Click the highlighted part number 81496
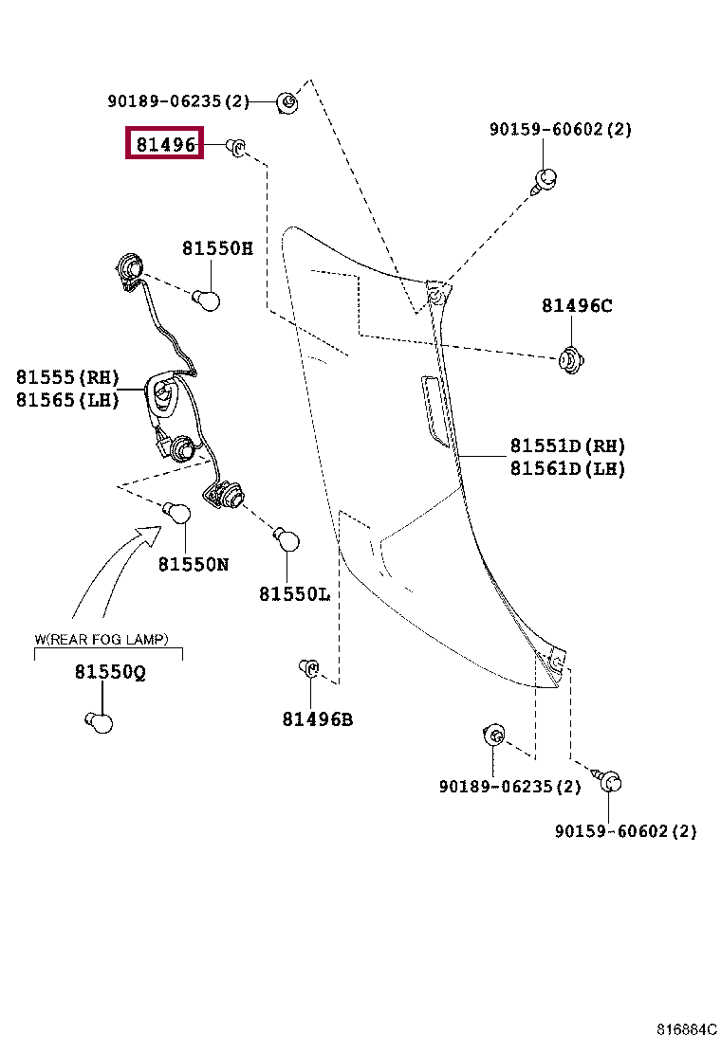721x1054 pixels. (x=165, y=144)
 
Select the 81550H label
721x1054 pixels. (x=217, y=248)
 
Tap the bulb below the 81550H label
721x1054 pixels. (x=207, y=300)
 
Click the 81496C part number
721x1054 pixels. (x=577, y=306)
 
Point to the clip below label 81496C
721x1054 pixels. (x=571, y=359)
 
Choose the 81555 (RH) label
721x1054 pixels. (x=67, y=377)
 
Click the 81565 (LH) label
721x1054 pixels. (x=67, y=400)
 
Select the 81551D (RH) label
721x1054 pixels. (x=567, y=445)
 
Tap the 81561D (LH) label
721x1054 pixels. (x=567, y=468)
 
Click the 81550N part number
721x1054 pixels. (x=193, y=565)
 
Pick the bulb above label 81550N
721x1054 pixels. (x=176, y=513)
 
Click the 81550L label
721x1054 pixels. (x=295, y=594)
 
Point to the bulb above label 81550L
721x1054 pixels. (x=287, y=539)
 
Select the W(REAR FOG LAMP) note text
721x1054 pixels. (x=102, y=639)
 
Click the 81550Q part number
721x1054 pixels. (x=110, y=672)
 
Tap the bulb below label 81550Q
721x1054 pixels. (x=100, y=722)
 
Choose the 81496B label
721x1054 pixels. (x=318, y=720)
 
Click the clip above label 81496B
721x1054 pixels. (x=308, y=668)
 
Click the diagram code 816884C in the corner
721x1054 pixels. (x=687, y=1029)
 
